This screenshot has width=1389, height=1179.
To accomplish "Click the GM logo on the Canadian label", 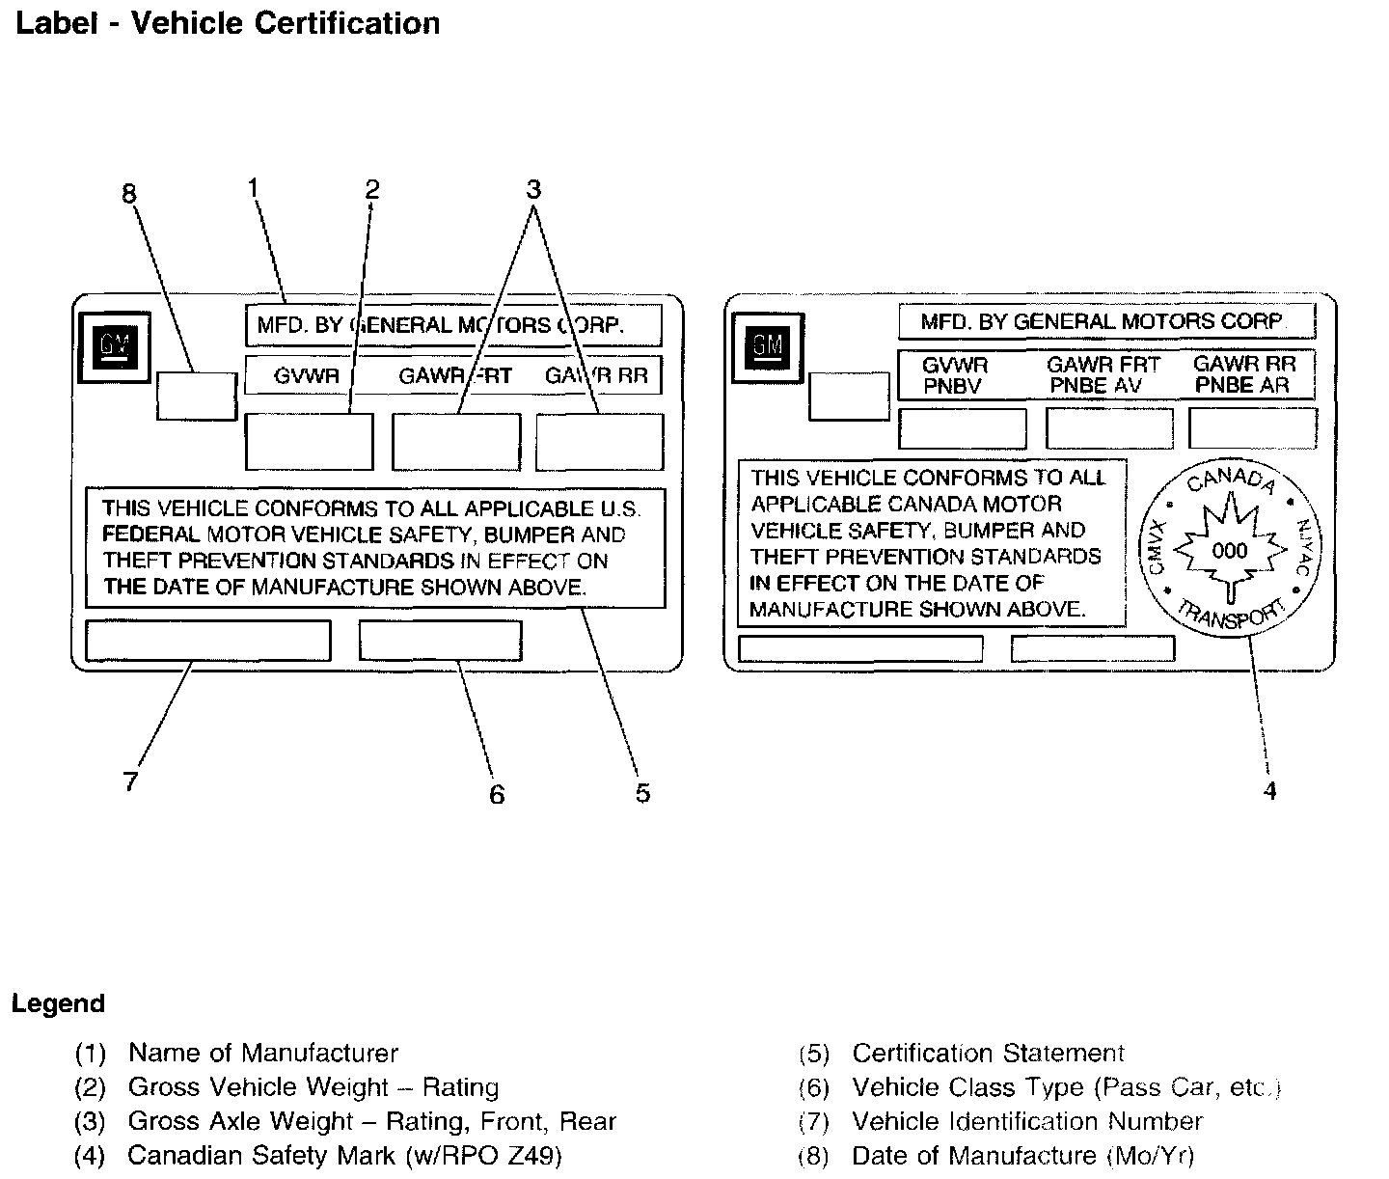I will point(769,345).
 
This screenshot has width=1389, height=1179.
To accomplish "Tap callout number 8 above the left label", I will point(129,195).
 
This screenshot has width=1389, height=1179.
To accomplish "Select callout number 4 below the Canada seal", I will point(1269,791).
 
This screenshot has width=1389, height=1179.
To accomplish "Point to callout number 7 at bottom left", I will point(131,781).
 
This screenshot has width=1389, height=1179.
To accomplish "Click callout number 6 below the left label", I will point(497,794).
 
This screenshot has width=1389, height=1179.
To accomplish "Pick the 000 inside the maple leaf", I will point(1229,551).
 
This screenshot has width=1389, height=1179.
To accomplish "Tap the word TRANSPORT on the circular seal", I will point(1231,617).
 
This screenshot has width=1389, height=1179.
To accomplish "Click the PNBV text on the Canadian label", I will point(952,386).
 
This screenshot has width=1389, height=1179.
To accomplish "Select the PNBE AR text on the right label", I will point(1242,386).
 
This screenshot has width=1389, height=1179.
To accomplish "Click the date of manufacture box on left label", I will point(197,397).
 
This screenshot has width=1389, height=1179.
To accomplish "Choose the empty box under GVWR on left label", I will point(310,442).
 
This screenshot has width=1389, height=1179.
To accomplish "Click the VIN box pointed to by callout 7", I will point(208,641).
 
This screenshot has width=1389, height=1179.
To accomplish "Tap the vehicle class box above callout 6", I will point(441,641).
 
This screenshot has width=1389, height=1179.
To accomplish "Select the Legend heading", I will point(58,1003).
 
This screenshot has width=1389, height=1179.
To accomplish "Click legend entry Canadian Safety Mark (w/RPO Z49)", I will point(344,1155).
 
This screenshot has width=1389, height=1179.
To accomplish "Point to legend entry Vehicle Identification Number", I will point(1027,1121).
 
